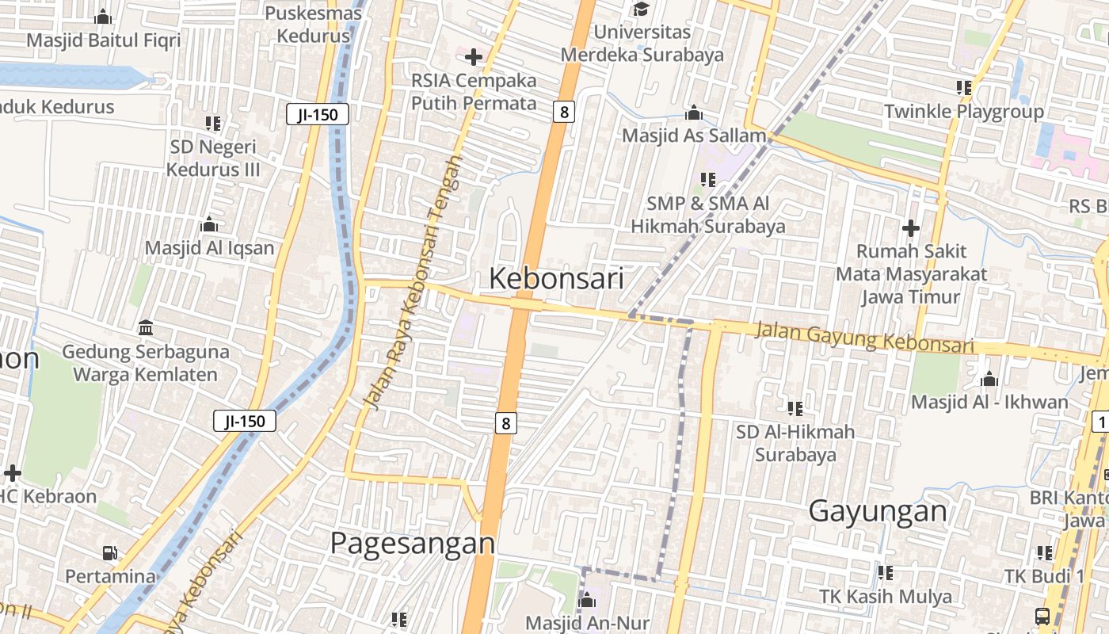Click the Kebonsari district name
(x=556, y=278)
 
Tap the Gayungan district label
(x=878, y=511)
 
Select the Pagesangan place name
(x=412, y=544)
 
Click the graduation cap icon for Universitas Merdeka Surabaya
(x=640, y=9)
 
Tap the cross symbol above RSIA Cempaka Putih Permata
(x=474, y=57)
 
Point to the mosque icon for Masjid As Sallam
(x=694, y=113)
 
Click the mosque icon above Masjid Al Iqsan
(x=209, y=224)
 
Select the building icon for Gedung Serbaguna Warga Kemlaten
(x=146, y=327)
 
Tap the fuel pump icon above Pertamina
(x=110, y=552)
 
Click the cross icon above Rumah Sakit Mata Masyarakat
(x=911, y=228)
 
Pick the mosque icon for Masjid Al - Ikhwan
(x=989, y=378)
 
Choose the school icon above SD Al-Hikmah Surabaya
(x=795, y=409)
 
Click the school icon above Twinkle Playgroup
(x=963, y=87)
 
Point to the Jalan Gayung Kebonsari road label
(x=863, y=337)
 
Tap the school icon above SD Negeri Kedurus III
(x=212, y=124)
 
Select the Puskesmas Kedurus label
(x=314, y=25)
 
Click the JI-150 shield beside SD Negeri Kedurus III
(x=317, y=115)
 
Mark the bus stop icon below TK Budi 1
(x=1042, y=616)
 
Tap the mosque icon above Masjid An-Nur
(x=587, y=600)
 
